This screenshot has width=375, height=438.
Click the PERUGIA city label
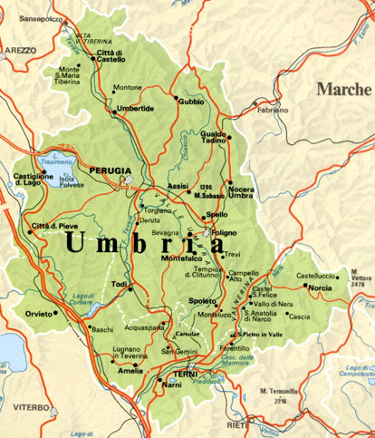coord(111,170)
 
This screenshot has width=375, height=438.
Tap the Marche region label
coord(344,89)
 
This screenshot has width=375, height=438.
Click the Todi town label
coord(120,284)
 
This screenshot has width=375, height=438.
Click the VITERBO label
coord(32,408)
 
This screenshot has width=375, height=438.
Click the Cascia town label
coord(300,316)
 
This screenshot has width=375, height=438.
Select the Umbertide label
coord(135,110)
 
